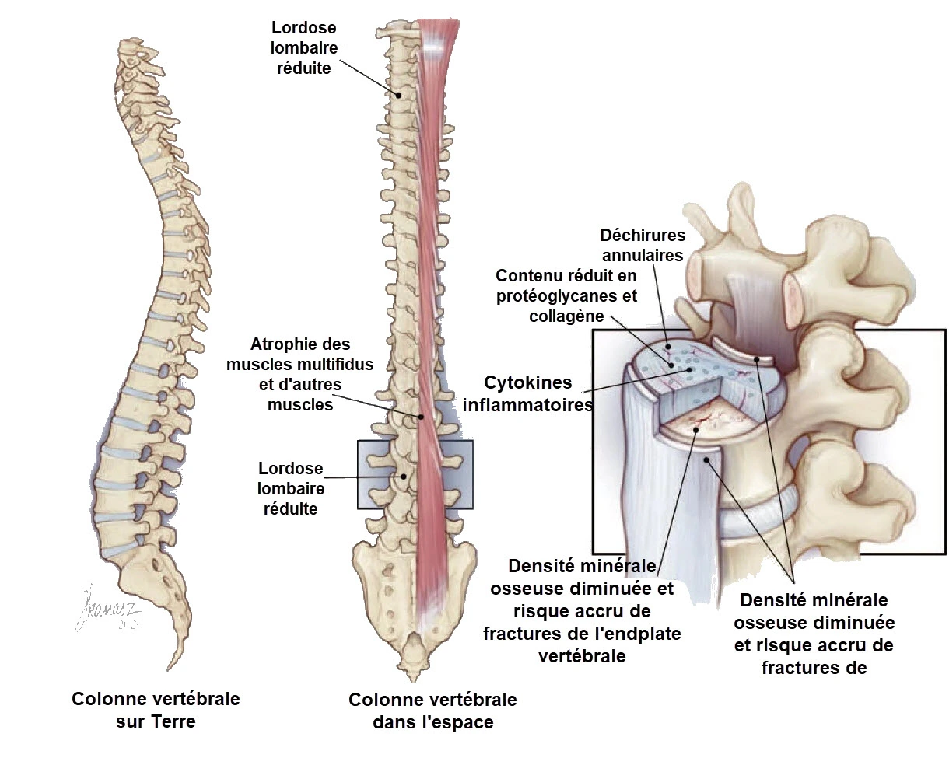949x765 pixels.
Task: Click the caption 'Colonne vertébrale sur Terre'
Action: (x=156, y=710)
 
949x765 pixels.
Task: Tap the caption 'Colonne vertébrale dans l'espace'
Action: (x=432, y=711)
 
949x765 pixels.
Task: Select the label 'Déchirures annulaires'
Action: (x=642, y=244)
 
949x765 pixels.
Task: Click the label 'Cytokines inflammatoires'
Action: (x=528, y=393)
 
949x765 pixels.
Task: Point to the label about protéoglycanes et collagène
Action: (x=566, y=295)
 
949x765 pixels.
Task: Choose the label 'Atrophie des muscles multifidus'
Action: (x=299, y=374)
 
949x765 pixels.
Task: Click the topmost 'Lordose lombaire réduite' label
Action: (x=303, y=47)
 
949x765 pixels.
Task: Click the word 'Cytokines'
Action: (x=528, y=382)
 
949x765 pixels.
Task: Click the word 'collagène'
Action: (x=566, y=316)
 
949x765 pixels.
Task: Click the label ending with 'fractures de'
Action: (x=814, y=634)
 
